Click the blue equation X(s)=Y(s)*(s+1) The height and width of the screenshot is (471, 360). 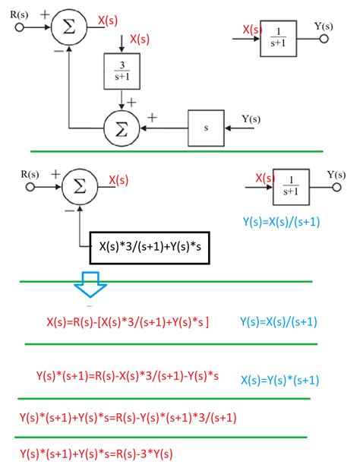(279, 380)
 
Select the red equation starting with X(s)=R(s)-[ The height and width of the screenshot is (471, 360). (128, 321)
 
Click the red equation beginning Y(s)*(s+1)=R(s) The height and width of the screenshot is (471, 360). (128, 375)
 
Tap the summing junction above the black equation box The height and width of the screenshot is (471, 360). (78, 185)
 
